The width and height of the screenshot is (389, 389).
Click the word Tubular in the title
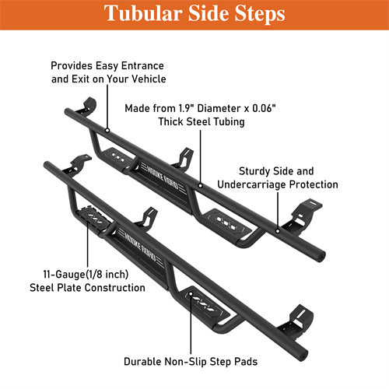[143, 13]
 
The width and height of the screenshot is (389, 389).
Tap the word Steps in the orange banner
[260, 14]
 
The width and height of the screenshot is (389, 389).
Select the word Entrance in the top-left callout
[142, 65]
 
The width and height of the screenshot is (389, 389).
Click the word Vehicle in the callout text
[149, 79]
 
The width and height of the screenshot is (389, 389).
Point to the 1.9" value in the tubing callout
[187, 108]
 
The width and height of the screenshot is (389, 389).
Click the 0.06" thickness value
[264, 108]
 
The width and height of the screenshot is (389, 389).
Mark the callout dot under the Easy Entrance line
[107, 131]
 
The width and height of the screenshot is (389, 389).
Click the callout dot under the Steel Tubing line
[200, 186]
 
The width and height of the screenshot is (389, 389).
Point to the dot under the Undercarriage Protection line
[278, 230]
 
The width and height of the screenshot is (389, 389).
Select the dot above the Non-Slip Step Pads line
[191, 294]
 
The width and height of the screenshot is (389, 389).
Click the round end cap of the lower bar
[304, 354]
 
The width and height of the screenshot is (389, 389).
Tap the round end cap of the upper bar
[321, 255]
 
